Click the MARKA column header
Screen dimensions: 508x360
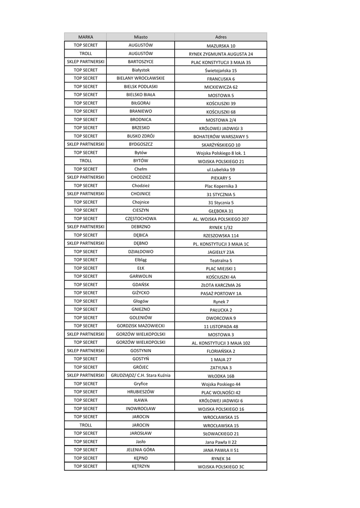pos(85,37)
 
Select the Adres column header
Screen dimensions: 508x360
pos(220,37)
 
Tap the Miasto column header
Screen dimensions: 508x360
pos(141,37)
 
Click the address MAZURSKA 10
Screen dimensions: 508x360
pos(220,46)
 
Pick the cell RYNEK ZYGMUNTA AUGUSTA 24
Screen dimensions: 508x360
pos(220,54)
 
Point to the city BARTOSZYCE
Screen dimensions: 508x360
pos(141,62)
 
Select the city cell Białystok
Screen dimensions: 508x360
pos(141,70)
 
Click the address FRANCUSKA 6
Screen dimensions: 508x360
pos(220,79)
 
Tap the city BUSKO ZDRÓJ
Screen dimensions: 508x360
pos(141,136)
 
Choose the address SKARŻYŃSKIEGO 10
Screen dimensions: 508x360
pos(220,145)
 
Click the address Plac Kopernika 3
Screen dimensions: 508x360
pos(220,186)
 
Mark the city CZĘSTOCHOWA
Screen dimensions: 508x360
pos(141,218)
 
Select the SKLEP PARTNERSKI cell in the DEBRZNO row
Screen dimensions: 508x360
pos(85,227)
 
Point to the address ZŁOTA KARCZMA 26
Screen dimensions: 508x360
pos(220,285)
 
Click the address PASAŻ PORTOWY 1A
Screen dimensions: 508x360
pos(220,294)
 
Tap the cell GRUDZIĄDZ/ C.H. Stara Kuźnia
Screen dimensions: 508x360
pos(141,376)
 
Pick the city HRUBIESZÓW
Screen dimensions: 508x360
pos(141,392)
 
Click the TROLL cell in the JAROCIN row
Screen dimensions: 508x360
pos(85,425)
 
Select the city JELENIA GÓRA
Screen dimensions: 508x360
pos(141,449)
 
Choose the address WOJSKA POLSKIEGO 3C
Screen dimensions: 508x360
pos(220,467)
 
